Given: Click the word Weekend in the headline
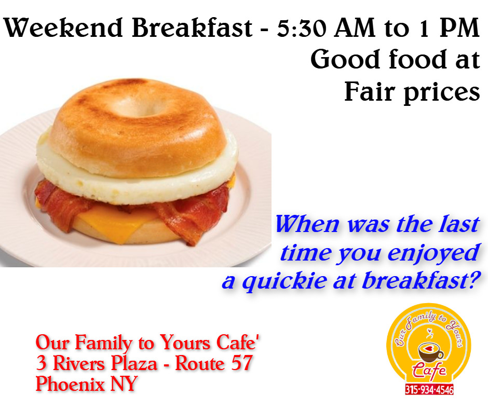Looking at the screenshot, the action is point(62,28).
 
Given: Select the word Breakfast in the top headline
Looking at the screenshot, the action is point(192,28).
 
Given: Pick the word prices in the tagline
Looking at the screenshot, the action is point(442,92).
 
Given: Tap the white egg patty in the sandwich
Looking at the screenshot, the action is point(137,181).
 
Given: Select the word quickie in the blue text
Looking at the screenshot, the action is point(284,282).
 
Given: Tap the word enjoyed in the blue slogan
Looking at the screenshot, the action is point(433,254).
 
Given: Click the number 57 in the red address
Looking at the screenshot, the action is point(241,363).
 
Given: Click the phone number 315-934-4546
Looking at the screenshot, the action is point(429,390).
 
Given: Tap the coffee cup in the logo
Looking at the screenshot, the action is point(430,352).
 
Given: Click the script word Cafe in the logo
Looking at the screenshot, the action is point(429,371).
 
